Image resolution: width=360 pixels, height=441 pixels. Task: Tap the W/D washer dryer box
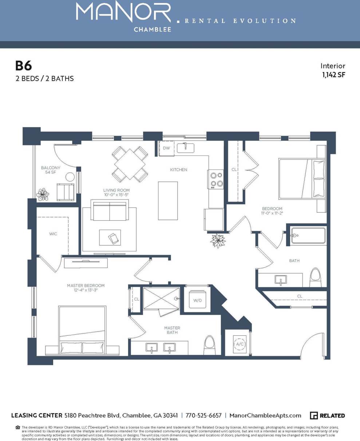[197, 300]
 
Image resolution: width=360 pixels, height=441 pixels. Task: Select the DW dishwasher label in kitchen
[166, 148]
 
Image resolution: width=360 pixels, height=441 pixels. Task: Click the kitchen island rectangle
[168, 201]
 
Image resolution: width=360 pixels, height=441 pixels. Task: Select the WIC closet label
[53, 234]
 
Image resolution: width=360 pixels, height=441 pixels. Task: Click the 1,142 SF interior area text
[333, 75]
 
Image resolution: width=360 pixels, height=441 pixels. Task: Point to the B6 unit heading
[23, 66]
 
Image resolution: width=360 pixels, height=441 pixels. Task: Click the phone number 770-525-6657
[203, 416]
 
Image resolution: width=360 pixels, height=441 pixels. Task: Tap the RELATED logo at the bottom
[327, 416]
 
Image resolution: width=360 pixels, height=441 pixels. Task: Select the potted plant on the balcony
[43, 194]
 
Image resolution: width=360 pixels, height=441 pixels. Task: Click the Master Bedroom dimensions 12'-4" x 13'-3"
[86, 290]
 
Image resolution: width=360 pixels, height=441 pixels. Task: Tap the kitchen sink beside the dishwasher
[185, 147]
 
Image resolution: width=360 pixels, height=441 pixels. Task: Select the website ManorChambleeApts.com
[266, 416]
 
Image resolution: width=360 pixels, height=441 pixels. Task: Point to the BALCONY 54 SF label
[51, 170]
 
